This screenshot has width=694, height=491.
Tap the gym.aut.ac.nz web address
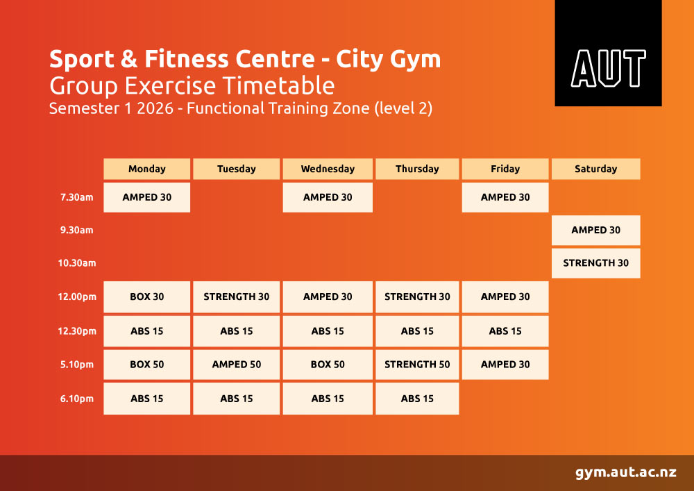click(x=626, y=472)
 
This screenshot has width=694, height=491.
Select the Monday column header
click(x=147, y=169)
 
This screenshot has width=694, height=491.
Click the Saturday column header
click(x=595, y=169)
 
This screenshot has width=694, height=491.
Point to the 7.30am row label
click(x=77, y=197)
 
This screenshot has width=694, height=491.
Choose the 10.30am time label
click(x=77, y=263)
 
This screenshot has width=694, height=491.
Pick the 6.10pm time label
click(x=77, y=399)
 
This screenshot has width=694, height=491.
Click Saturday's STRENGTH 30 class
click(x=595, y=263)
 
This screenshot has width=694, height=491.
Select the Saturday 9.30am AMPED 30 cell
click(x=595, y=231)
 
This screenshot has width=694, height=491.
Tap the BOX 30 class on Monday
click(x=147, y=297)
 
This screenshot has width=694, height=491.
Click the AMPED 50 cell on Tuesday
click(x=237, y=365)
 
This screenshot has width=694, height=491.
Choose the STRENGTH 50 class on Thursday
click(x=417, y=365)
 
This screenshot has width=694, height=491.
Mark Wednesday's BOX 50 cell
click(x=328, y=365)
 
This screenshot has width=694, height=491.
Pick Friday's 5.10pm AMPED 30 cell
click(x=505, y=365)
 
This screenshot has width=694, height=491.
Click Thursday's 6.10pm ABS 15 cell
click(x=417, y=399)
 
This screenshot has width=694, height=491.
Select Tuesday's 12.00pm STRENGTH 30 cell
click(x=237, y=297)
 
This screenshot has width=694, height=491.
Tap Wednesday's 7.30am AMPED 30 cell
click(x=328, y=197)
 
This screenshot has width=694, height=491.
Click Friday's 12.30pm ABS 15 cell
click(x=505, y=331)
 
